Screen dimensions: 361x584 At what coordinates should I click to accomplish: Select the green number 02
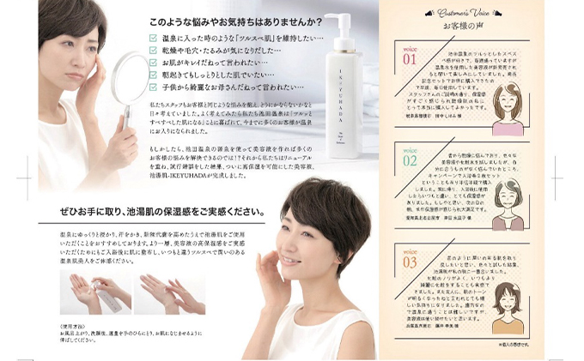409,160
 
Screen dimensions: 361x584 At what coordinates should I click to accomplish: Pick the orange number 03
409,261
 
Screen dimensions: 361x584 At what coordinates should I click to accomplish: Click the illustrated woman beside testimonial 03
507,309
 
